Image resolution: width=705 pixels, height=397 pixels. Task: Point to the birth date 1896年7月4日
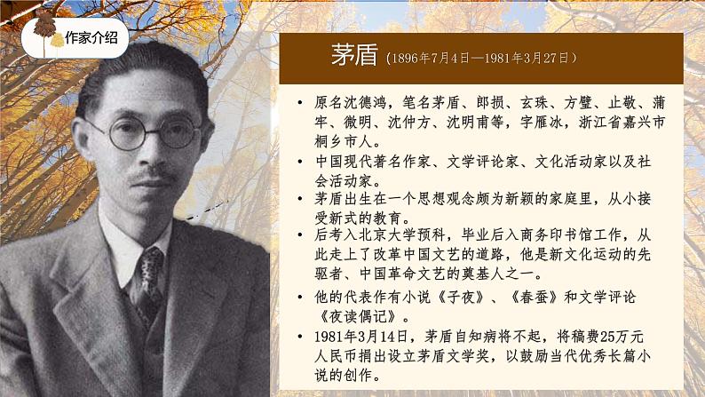[432, 59]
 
